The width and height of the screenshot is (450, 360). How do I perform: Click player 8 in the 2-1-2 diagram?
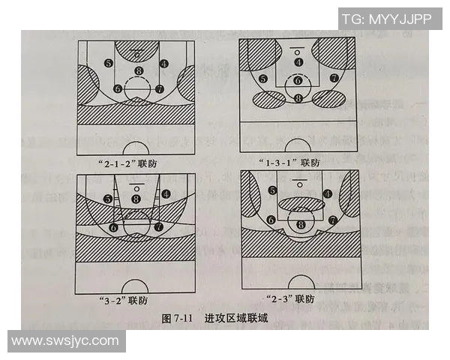point(137,71)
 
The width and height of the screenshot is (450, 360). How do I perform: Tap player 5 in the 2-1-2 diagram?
point(109,64)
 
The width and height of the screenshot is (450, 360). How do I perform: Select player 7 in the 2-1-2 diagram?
point(160,88)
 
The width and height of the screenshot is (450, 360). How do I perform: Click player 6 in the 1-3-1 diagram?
point(298,80)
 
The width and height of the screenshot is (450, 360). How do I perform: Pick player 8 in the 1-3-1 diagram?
point(298,97)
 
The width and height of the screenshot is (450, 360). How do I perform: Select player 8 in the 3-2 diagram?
point(136,199)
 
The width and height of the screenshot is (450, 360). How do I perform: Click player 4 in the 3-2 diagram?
point(165,193)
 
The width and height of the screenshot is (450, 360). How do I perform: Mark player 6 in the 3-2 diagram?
point(114,226)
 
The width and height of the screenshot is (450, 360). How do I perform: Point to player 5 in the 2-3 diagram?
point(273,191)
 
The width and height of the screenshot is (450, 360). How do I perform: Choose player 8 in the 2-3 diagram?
point(301,223)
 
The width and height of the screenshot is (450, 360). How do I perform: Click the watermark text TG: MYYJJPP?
point(386,19)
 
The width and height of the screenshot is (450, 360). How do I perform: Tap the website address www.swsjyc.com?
point(65,341)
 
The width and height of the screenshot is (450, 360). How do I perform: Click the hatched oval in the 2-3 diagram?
point(300,201)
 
